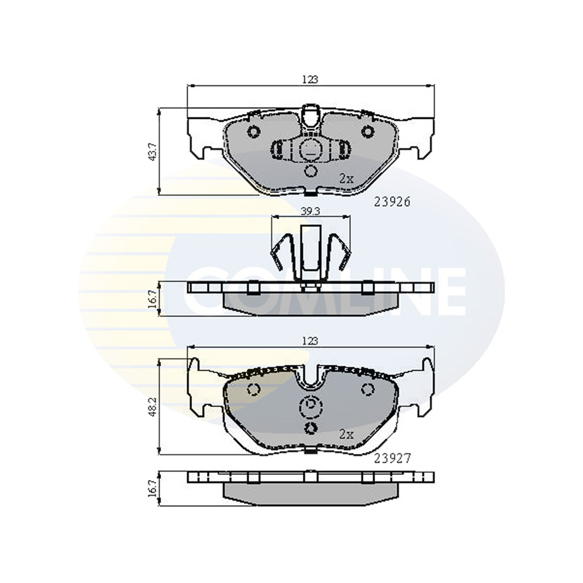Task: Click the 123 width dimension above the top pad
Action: click(x=310, y=80)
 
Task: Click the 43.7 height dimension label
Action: click(x=154, y=152)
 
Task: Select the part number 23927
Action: click(x=392, y=467)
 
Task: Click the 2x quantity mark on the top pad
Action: click(x=346, y=179)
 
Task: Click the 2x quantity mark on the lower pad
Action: click(x=346, y=444)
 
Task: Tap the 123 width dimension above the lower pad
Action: click(x=310, y=341)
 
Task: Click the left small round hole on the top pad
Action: click(x=254, y=131)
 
